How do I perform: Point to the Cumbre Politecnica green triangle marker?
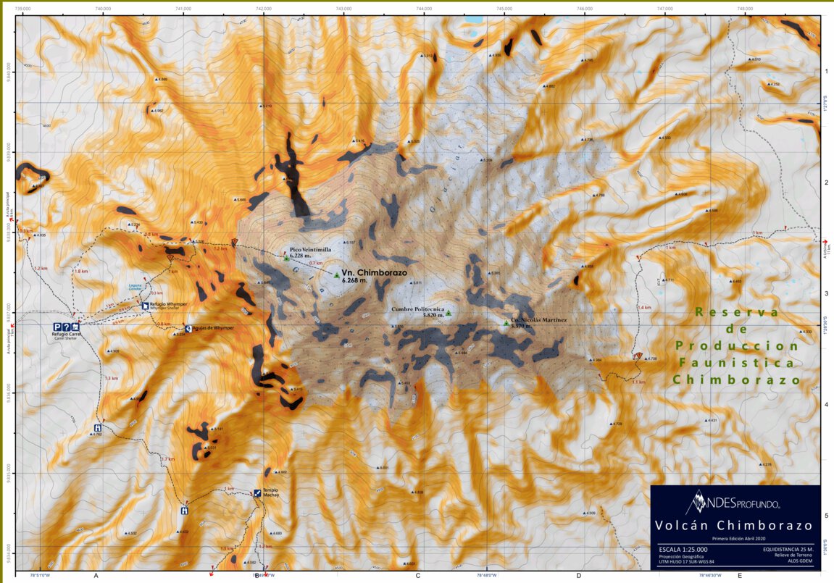pyautogui.click(x=448, y=313)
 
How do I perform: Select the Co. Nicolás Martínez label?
pyautogui.click(x=538, y=319)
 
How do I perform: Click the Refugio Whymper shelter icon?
pyautogui.click(x=144, y=306)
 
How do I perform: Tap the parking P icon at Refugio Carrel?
pyautogui.click(x=57, y=327)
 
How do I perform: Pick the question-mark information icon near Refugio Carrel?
pyautogui.click(x=66, y=327)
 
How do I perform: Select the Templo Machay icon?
pyautogui.click(x=257, y=493)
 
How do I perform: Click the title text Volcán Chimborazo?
pyautogui.click(x=734, y=525)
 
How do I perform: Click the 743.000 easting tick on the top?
pyautogui.click(x=343, y=9)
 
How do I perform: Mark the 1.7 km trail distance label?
pyautogui.click(x=167, y=459)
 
